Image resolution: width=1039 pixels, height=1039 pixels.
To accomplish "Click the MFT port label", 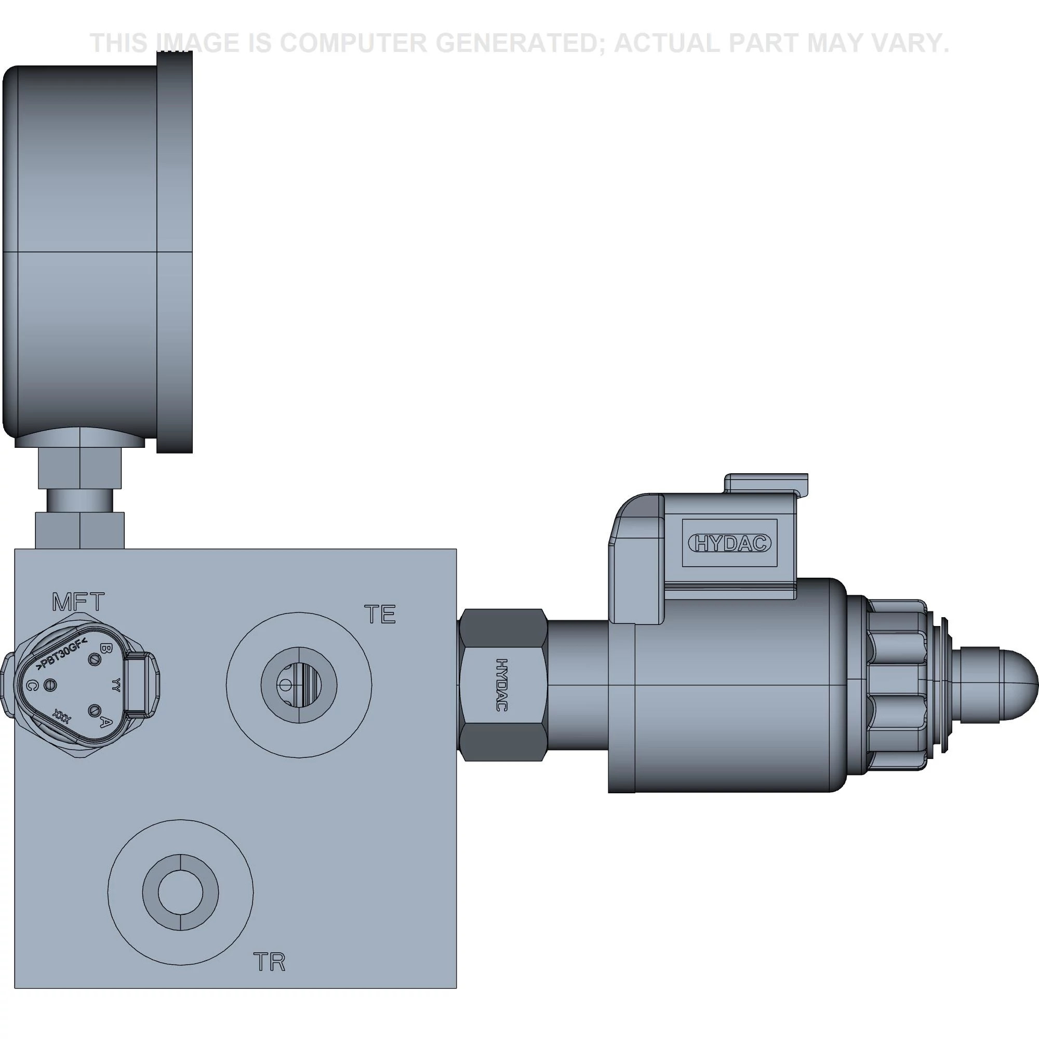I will (x=78, y=602).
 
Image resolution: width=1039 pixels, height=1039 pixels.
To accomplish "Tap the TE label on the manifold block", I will (x=380, y=614).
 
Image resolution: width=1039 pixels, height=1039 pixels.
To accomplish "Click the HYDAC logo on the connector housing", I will (x=729, y=543).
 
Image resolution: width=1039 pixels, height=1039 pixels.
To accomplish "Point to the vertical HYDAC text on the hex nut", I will (x=501, y=685).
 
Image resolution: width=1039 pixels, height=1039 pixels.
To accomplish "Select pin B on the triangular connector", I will (x=95, y=659).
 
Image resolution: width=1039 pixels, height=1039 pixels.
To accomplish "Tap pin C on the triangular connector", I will (x=51, y=685).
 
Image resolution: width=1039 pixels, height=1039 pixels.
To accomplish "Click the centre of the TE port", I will (x=299, y=685).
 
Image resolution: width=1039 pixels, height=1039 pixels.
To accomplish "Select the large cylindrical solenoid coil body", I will (x=737, y=699).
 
